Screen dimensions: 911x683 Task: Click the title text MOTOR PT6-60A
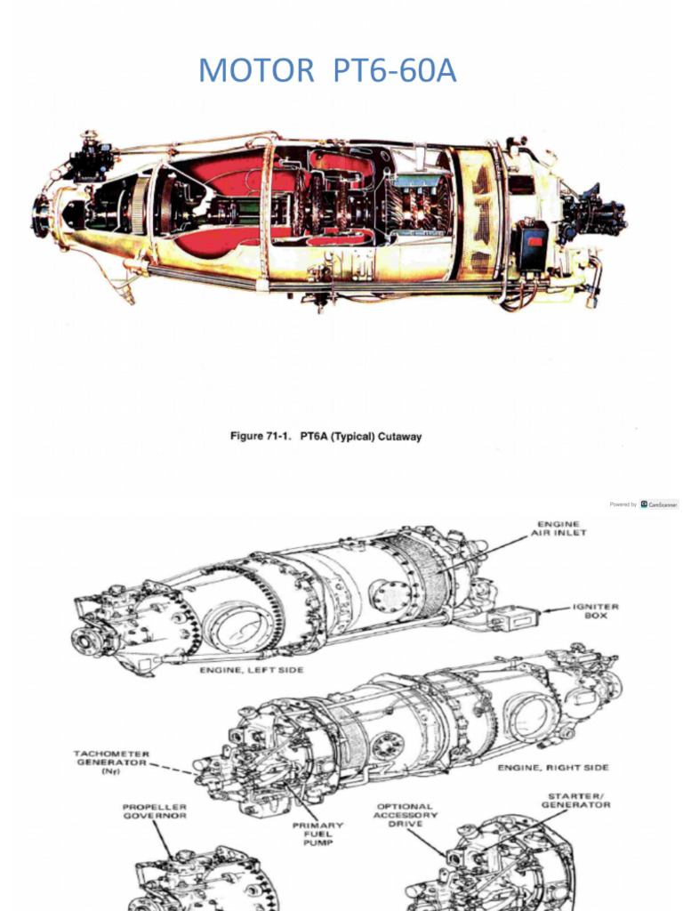[327, 70]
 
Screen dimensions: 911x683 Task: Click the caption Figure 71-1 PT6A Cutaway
[326, 437]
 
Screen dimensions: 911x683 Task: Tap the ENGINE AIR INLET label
[559, 528]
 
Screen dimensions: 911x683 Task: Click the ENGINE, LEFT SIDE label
[252, 670]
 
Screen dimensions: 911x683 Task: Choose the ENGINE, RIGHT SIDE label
[553, 767]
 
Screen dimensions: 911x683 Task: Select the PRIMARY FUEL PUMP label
[318, 834]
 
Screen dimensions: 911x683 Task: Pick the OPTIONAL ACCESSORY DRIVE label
[405, 814]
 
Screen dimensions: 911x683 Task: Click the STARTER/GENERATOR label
[575, 800]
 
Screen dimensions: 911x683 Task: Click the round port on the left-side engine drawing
[384, 596]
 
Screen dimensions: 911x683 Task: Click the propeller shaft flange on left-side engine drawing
[87, 638]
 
